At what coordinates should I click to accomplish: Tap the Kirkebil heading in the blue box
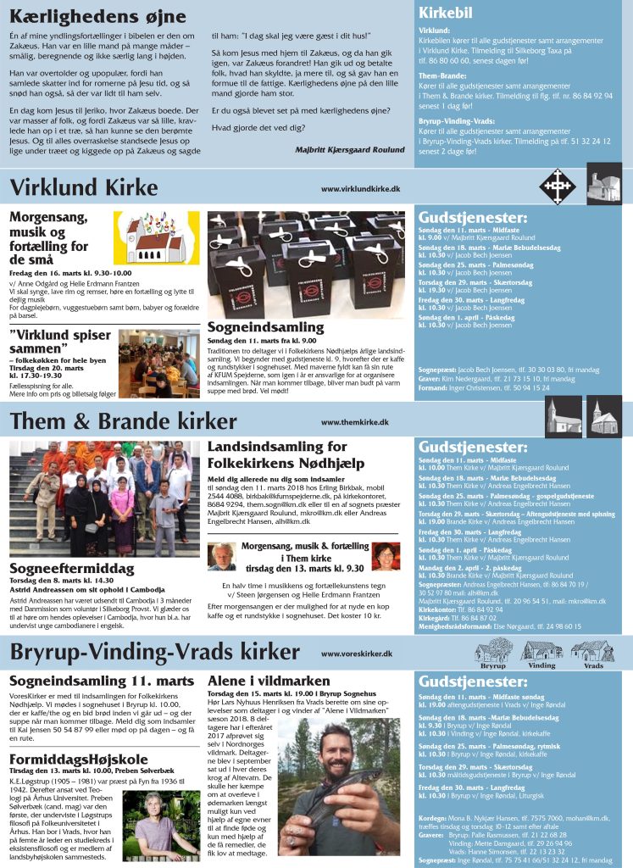[x=445, y=13]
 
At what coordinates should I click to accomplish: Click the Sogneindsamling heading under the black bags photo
[x=266, y=326]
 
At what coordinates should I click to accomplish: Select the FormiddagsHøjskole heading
[x=80, y=734]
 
